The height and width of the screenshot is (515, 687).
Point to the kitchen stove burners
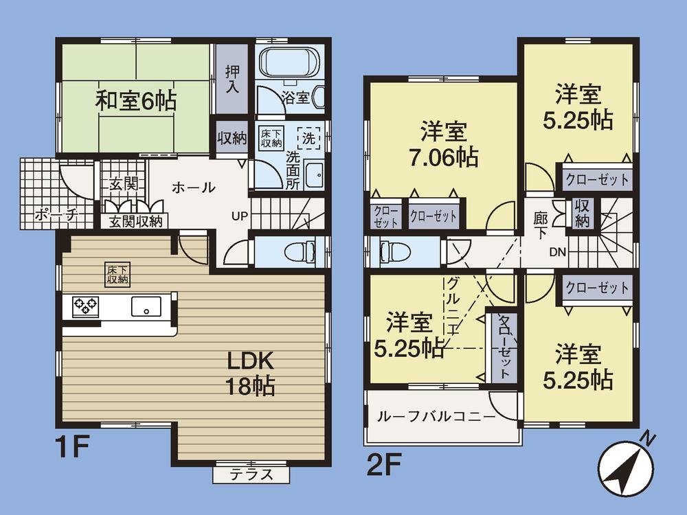click(85, 305)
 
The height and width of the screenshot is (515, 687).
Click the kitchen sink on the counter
click(146, 306)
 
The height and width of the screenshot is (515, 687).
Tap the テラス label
click(251, 474)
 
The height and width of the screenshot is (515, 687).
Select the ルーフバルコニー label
click(436, 417)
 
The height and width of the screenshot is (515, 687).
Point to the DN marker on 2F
click(557, 252)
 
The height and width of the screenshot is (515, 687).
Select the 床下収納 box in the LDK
click(116, 273)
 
